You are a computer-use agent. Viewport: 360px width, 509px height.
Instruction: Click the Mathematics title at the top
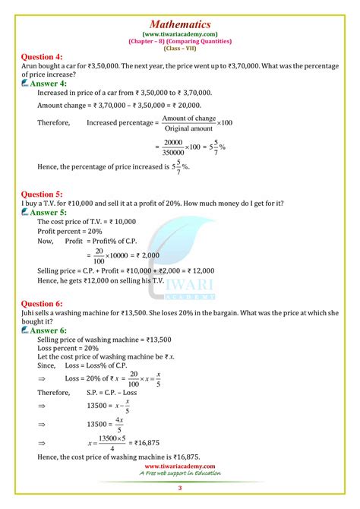[179, 13]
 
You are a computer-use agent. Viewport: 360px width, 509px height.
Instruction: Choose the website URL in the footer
[180, 466]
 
